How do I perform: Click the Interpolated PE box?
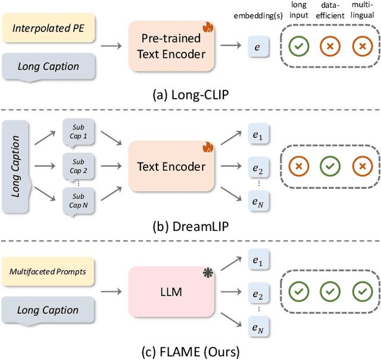click(x=48, y=28)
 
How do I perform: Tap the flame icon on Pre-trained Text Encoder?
click(x=207, y=27)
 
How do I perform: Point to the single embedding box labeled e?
click(x=257, y=46)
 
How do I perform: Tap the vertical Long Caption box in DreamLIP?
click(x=17, y=167)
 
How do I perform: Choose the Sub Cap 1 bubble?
click(x=78, y=132)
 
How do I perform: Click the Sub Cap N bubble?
click(x=78, y=201)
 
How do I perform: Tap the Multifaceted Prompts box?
click(x=48, y=272)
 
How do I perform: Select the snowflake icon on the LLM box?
click(x=207, y=273)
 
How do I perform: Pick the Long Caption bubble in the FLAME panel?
click(x=48, y=310)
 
